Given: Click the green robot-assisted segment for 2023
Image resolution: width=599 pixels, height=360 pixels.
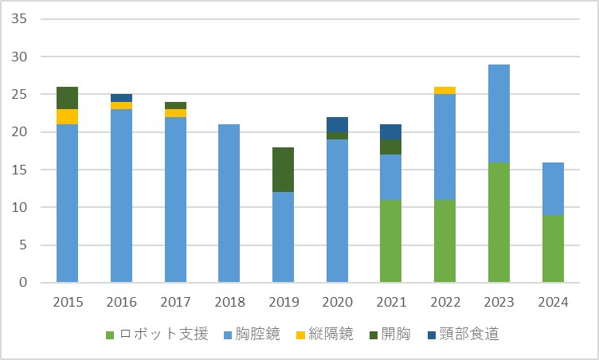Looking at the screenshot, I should pos(499,222).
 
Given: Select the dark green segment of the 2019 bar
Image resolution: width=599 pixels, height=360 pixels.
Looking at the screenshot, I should pos(283,170).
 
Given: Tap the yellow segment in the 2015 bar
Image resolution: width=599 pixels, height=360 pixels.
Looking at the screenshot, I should pos(67,117).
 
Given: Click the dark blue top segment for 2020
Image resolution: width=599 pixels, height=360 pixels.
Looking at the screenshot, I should pos(337,124).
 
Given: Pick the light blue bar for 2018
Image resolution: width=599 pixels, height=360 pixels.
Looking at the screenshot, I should pos(229,203).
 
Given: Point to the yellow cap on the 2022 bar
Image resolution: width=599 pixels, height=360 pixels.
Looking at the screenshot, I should pos(444,90).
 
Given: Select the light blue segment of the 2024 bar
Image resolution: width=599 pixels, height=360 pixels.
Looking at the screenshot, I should pos(553,188).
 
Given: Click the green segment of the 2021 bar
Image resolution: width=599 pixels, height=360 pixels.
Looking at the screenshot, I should pos(390,241).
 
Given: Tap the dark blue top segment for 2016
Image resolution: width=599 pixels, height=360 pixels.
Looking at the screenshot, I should pos(121,98).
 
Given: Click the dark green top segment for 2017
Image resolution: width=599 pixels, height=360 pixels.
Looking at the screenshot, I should pos(175,105).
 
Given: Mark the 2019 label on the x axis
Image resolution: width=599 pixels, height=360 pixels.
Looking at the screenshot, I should pos(283,302).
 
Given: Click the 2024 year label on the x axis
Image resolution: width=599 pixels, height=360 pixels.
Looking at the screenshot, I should pos(553,302).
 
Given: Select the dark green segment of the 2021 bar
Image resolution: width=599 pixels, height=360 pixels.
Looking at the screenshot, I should pos(390,147).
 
